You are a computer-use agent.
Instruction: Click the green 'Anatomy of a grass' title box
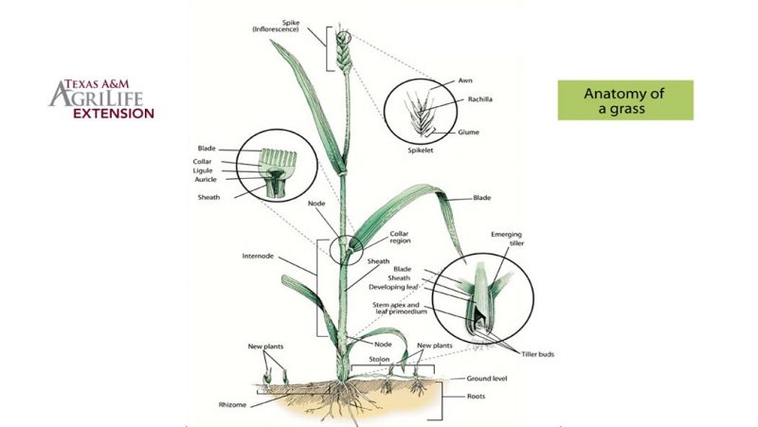[625, 100]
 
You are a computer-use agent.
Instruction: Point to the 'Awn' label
[464, 80]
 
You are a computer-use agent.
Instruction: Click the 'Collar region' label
[403, 237]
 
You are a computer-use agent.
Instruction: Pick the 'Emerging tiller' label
[508, 239]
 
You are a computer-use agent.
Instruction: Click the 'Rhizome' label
[234, 404]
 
